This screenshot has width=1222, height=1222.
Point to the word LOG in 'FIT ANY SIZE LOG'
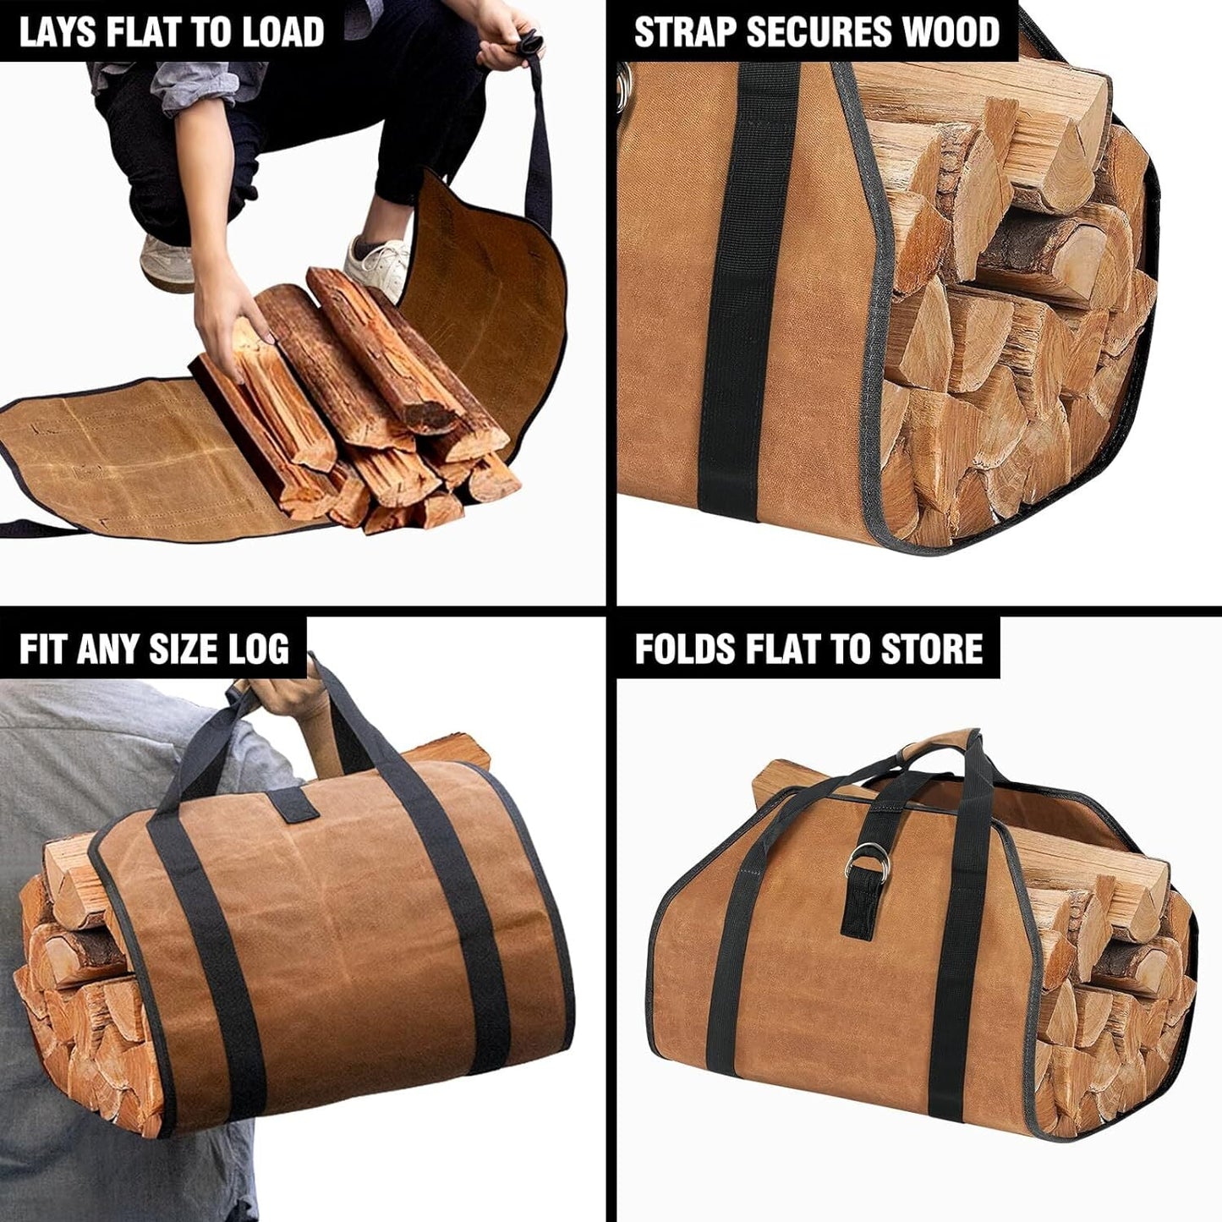pos(259,649)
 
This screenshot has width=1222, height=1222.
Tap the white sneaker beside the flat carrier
pos(378,262)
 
